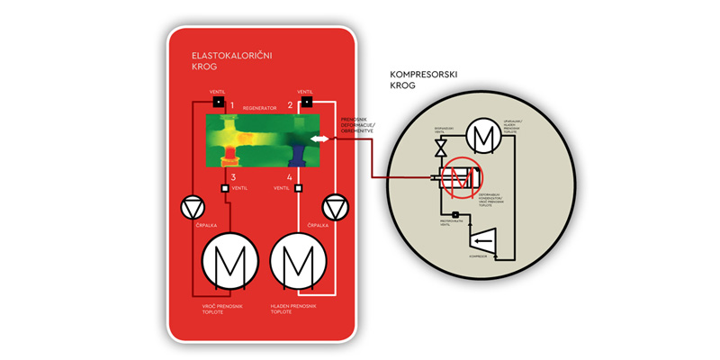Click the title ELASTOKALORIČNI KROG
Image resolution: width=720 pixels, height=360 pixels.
(x=232, y=60)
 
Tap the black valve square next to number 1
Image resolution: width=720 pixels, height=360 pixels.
(x=218, y=101)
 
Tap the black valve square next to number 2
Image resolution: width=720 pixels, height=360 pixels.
(x=306, y=101)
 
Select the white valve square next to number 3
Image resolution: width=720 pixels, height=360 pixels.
(x=225, y=188)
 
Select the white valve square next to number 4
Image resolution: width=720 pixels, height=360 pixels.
(x=299, y=188)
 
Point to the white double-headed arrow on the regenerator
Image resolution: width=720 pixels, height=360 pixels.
(x=319, y=139)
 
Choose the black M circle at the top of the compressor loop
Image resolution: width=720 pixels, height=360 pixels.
(x=486, y=136)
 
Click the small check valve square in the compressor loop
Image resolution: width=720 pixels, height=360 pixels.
(x=456, y=214)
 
